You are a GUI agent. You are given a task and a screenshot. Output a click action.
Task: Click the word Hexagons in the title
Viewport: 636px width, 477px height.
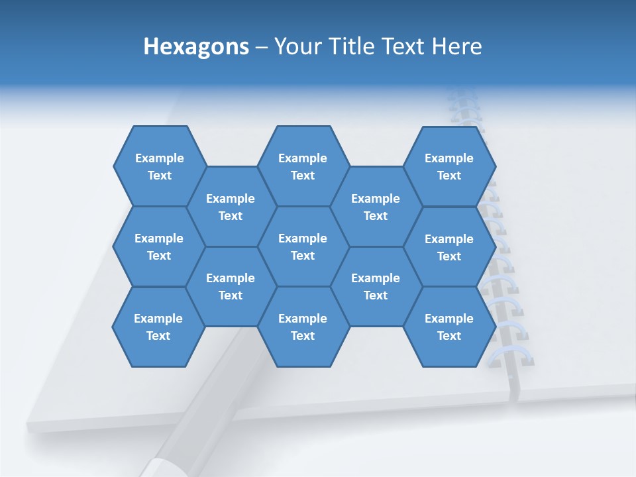pos(196,46)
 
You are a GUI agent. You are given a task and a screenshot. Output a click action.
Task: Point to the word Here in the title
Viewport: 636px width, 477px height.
pos(456,46)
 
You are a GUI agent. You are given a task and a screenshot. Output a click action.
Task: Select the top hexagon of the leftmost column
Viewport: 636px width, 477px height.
pos(159,166)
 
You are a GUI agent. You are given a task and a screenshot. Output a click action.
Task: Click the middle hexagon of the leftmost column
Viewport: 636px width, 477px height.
pos(159,246)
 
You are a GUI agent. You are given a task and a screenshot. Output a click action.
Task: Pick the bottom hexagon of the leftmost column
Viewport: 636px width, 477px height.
pos(158,327)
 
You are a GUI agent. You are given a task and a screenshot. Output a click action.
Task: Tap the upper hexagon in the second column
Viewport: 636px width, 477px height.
pos(231,207)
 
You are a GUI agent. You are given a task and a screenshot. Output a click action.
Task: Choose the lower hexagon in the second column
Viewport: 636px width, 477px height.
pos(231,286)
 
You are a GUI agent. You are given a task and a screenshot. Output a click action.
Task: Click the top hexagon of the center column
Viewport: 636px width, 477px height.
pos(303,166)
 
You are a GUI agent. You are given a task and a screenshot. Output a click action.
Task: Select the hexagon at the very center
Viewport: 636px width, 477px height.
pos(303,246)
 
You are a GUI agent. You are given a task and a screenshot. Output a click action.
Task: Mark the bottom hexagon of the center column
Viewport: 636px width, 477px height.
pos(303,327)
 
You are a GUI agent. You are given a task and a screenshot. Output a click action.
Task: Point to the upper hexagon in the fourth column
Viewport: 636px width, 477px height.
pos(376,207)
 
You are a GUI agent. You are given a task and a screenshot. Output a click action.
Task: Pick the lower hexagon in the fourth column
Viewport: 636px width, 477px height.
pos(376,286)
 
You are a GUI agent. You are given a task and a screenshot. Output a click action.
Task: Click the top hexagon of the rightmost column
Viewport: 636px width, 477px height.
pos(449,166)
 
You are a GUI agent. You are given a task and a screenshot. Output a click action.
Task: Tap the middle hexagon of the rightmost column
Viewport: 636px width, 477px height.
pos(449,247)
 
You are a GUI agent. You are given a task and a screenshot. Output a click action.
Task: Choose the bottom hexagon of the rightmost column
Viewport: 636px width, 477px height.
pos(449,327)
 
